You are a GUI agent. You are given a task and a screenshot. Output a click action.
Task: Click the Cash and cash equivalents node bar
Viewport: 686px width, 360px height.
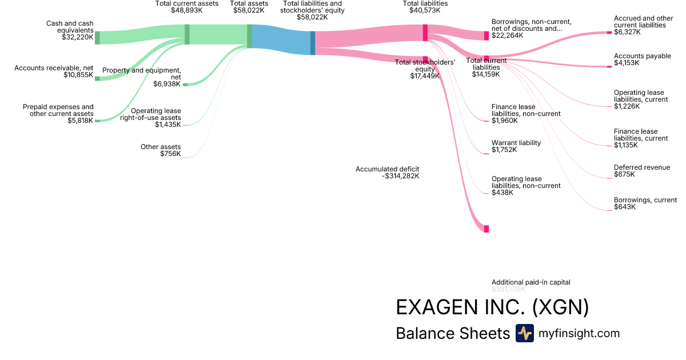pyautogui.click(x=97, y=38)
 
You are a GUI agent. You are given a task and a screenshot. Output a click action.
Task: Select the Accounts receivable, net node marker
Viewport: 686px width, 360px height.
pyautogui.click(x=97, y=78)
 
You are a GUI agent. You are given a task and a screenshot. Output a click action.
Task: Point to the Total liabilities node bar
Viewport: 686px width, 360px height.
pyautogui.click(x=425, y=33)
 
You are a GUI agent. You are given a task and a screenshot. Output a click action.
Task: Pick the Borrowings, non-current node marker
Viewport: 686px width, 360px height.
pyautogui.click(x=486, y=35)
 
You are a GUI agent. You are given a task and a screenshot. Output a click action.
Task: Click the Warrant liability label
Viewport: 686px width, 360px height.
pyautogui.click(x=516, y=143)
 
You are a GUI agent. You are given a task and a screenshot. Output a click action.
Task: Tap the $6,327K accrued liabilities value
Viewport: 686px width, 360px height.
pyautogui.click(x=627, y=33)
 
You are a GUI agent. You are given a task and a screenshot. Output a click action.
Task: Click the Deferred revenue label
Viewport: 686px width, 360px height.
pyautogui.click(x=641, y=167)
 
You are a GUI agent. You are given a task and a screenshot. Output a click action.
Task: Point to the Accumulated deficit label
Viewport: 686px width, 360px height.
pyautogui.click(x=387, y=169)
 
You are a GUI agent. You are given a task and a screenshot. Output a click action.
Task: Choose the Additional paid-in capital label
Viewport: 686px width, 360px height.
pyautogui.click(x=531, y=282)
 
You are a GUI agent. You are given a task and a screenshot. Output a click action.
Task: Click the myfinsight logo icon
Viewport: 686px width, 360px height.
pyautogui.click(x=524, y=333)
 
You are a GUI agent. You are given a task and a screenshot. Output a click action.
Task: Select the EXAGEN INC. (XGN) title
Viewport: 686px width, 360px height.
pyautogui.click(x=492, y=307)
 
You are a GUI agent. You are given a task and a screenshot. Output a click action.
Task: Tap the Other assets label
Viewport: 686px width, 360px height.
pyautogui.click(x=161, y=147)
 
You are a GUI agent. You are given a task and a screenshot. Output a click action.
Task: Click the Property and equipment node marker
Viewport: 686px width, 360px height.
pyautogui.click(x=185, y=85)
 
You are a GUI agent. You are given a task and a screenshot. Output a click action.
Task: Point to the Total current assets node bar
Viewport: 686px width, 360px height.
pyautogui.click(x=187, y=34)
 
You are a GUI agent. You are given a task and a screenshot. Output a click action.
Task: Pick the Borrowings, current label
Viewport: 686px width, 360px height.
pyautogui.click(x=645, y=200)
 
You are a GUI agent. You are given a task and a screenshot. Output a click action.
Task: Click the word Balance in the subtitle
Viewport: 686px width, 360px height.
pyautogui.click(x=422, y=334)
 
